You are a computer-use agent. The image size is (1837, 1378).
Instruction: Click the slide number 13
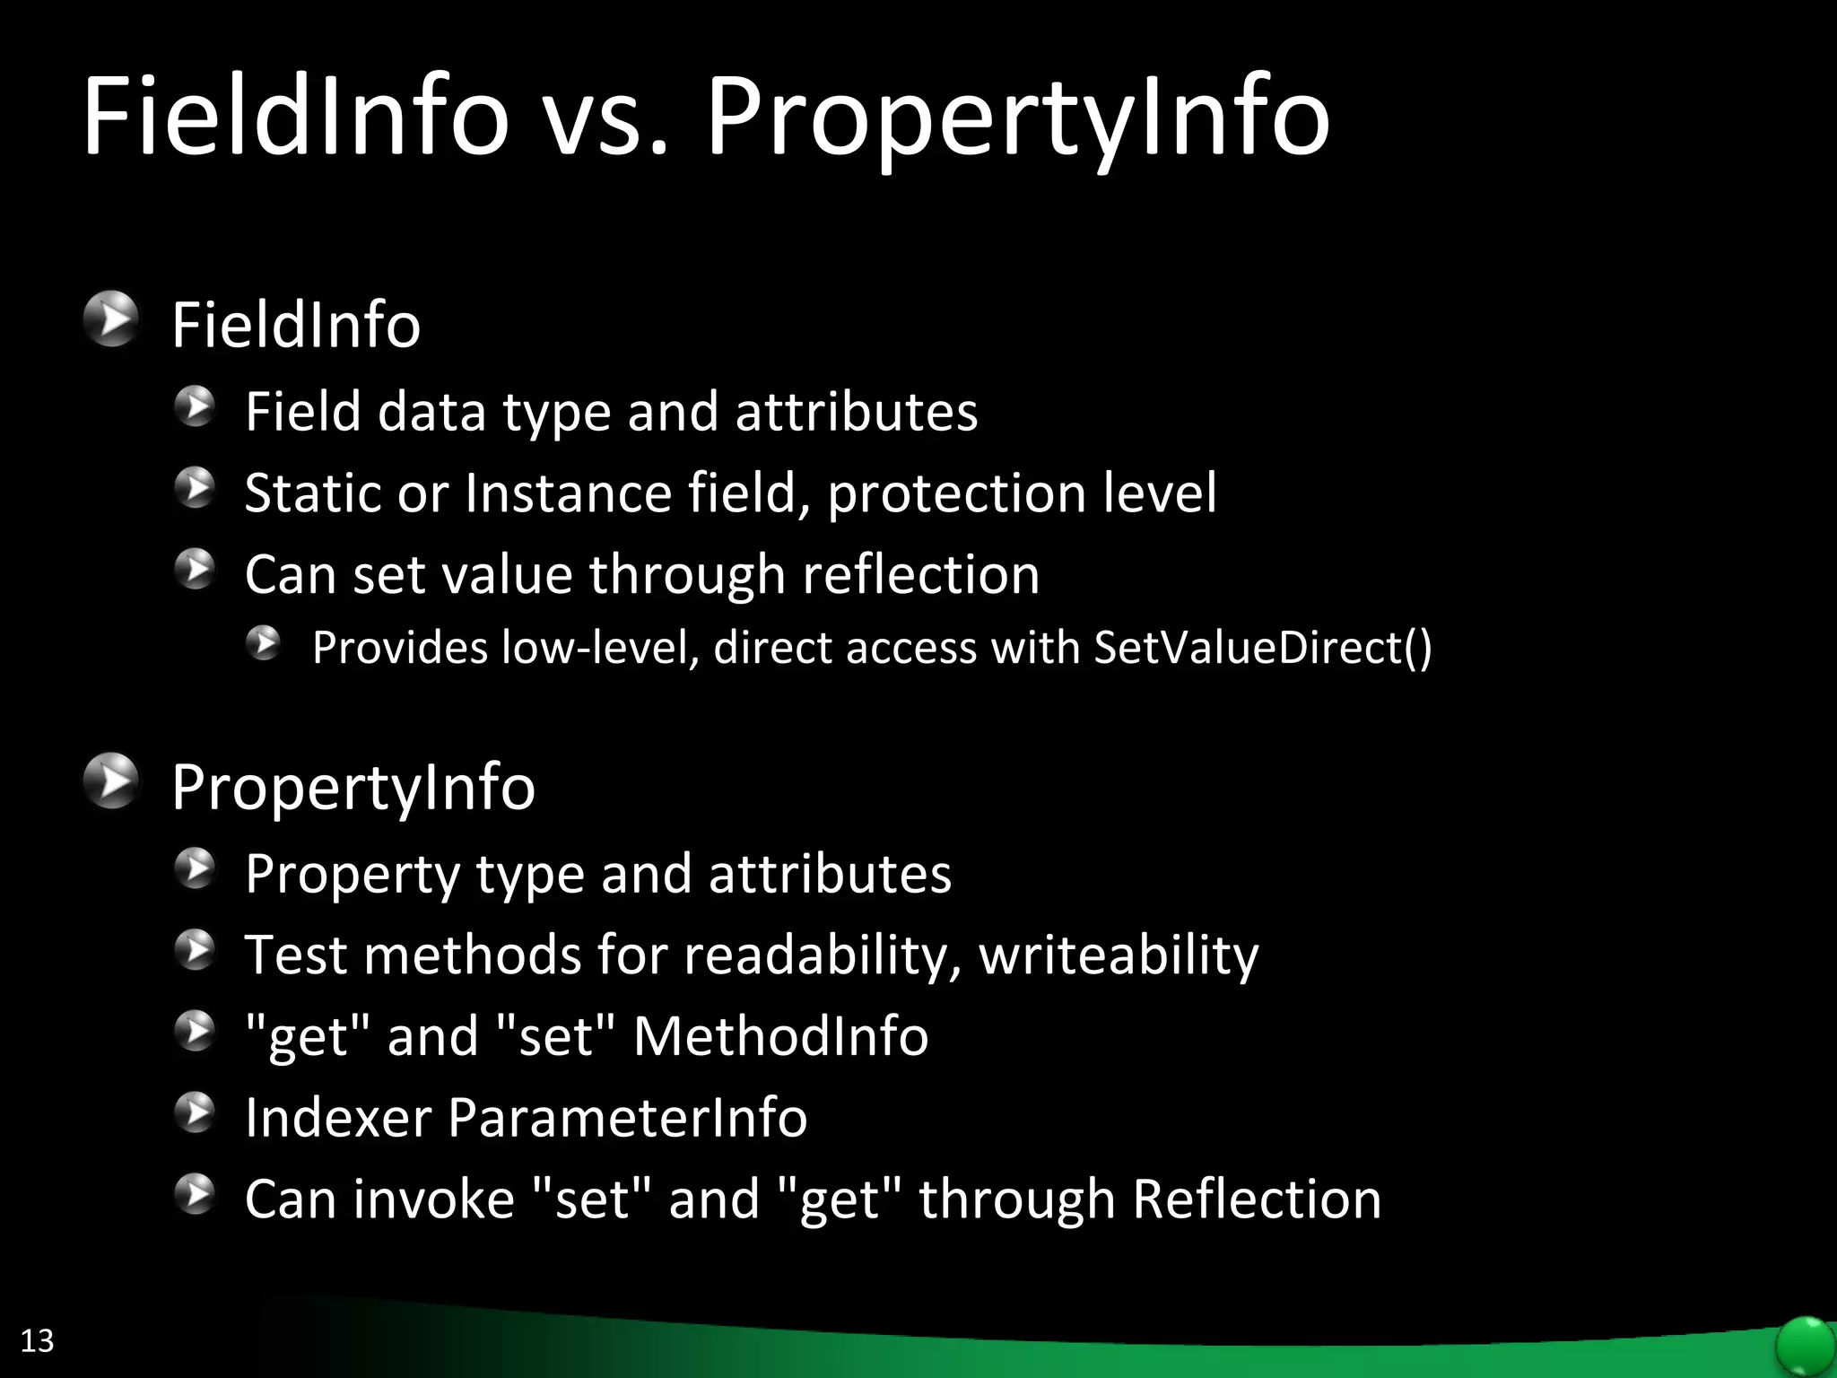[x=37, y=1340]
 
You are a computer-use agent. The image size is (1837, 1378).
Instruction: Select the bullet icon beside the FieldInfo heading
[x=111, y=319]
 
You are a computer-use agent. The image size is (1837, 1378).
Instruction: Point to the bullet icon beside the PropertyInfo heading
[x=111, y=781]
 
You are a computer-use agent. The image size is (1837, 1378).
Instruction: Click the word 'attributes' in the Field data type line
[x=857, y=412]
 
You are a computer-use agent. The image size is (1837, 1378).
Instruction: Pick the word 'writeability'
[x=1119, y=955]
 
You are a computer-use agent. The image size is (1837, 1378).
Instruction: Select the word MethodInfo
[x=780, y=1036]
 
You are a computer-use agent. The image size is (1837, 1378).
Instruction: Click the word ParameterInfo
[x=627, y=1118]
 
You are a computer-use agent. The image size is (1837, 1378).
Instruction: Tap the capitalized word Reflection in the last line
[x=1257, y=1199]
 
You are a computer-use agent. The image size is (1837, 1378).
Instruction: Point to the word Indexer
[x=338, y=1118]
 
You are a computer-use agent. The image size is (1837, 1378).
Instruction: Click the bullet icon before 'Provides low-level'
[x=264, y=643]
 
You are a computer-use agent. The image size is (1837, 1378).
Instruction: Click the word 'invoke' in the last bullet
[x=434, y=1199]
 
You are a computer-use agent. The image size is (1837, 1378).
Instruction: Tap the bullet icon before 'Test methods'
[x=196, y=950]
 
